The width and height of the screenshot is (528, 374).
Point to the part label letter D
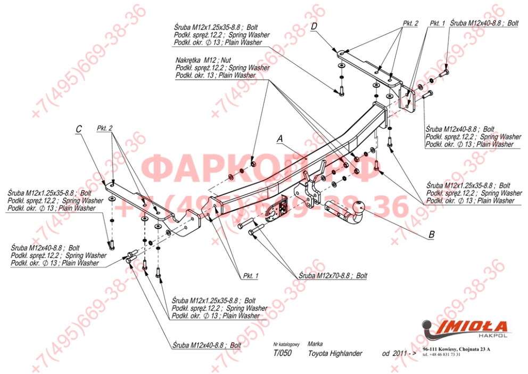point(314,26)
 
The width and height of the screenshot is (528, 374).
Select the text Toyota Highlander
point(335,353)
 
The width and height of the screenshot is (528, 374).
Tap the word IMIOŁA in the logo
point(471,326)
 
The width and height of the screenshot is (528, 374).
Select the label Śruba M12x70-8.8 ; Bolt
point(333,276)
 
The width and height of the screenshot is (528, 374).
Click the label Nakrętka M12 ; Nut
point(203,61)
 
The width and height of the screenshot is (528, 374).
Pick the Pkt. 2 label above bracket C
point(105,129)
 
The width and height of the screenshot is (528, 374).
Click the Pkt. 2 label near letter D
point(410,23)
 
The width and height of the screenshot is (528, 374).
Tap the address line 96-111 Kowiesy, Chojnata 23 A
point(456,349)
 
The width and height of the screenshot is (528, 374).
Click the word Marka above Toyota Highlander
point(315,344)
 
